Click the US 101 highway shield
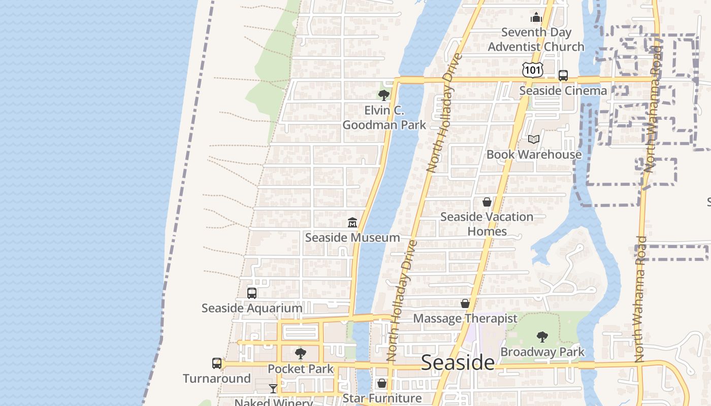point(532,70)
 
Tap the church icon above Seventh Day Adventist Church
point(536,18)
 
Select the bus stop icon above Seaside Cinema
point(563,76)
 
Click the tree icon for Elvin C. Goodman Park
point(383,95)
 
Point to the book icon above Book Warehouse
point(533,139)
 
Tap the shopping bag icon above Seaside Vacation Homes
point(487,202)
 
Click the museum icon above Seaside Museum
point(352,222)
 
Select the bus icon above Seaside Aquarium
point(251,293)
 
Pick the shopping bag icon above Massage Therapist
point(465,303)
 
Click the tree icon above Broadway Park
point(542,336)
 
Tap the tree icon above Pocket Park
point(301,353)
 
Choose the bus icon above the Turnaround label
point(217,363)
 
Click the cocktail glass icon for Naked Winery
point(273,389)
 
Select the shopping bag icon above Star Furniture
point(381,383)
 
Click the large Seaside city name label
point(458,362)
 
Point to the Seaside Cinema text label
point(563,91)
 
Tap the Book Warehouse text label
point(534,154)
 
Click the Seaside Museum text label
point(352,238)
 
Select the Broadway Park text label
point(542,352)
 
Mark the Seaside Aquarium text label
point(251,308)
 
